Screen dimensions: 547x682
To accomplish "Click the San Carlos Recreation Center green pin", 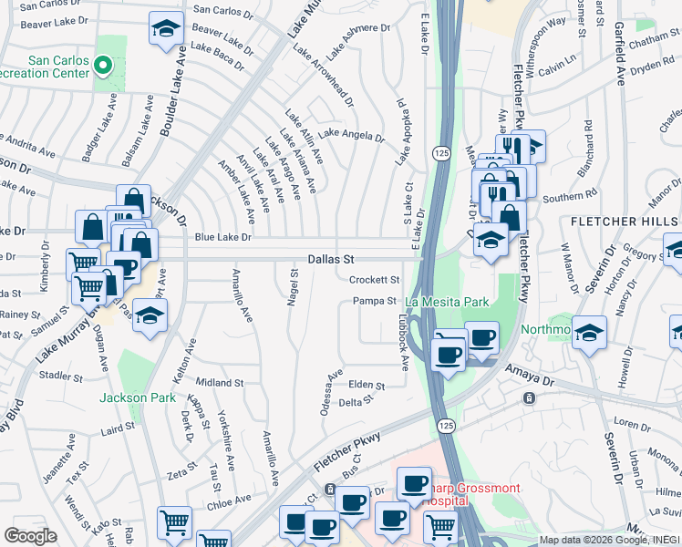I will pos(103,66).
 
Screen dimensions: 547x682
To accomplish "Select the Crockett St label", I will pos(375,280).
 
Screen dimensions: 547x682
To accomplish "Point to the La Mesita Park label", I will pos(447,302).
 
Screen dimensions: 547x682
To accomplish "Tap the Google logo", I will pos(30,536).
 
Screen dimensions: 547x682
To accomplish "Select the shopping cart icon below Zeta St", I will pos(174,522).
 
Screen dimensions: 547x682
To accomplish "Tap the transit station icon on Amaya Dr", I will pos(528,398).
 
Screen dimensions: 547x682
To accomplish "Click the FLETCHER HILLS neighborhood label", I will pos(625,222).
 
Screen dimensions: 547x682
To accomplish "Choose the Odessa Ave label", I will pos(331,392).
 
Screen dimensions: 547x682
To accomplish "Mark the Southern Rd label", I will pos(568,194).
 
